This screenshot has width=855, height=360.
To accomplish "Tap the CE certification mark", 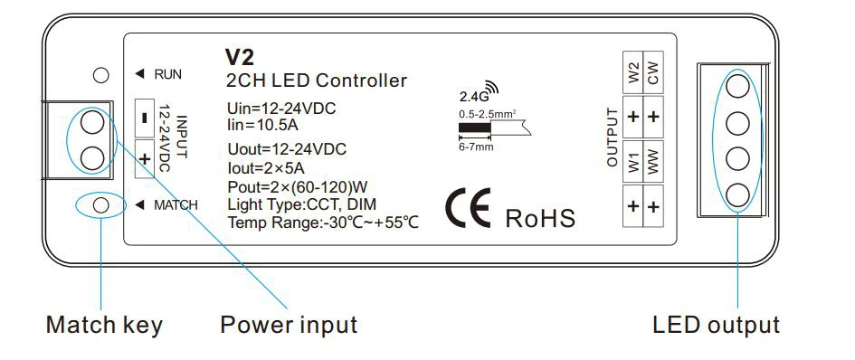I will (x=467, y=209).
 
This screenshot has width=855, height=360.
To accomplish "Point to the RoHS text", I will (x=540, y=217).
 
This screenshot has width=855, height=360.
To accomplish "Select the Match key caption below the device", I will (x=104, y=325).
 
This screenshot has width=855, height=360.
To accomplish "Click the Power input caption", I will (x=289, y=325).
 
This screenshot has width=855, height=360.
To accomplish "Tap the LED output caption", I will (x=716, y=325).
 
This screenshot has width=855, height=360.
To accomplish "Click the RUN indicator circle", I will (x=101, y=75).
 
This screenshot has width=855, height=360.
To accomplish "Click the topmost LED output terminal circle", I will (x=739, y=87).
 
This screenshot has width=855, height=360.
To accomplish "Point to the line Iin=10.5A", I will (x=264, y=124).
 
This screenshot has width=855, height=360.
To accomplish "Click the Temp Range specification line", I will (x=323, y=223).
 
